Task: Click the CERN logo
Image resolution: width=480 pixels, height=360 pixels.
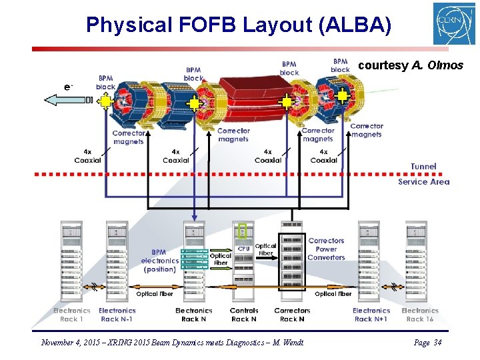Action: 454,24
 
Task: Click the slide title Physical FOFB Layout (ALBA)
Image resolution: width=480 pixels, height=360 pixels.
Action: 238,25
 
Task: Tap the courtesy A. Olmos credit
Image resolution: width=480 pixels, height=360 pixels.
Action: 411,65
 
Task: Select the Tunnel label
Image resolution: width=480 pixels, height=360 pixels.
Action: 423,166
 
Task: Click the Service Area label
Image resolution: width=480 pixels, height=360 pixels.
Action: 423,181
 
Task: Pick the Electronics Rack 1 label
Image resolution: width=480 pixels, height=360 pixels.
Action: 71,315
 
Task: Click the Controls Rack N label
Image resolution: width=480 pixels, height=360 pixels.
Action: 243,315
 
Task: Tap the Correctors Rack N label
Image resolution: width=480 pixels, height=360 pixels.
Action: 292,315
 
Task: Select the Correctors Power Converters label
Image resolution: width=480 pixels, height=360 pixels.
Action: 326,249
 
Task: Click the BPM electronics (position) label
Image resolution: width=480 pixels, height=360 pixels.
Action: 160,261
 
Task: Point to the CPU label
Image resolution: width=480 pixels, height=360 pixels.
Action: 243,249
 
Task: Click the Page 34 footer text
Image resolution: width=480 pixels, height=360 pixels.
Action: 427,343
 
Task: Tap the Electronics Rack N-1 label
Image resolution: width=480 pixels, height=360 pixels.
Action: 117,315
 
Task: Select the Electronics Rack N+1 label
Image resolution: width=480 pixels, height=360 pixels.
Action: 371,315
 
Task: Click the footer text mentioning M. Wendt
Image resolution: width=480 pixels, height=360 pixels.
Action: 172,343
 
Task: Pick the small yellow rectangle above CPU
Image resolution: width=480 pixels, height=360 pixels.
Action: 242,231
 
